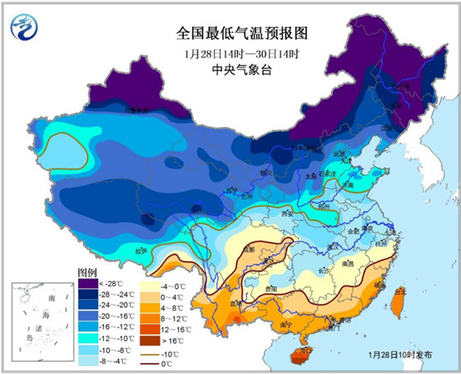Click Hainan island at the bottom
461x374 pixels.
click(x=297, y=355)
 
